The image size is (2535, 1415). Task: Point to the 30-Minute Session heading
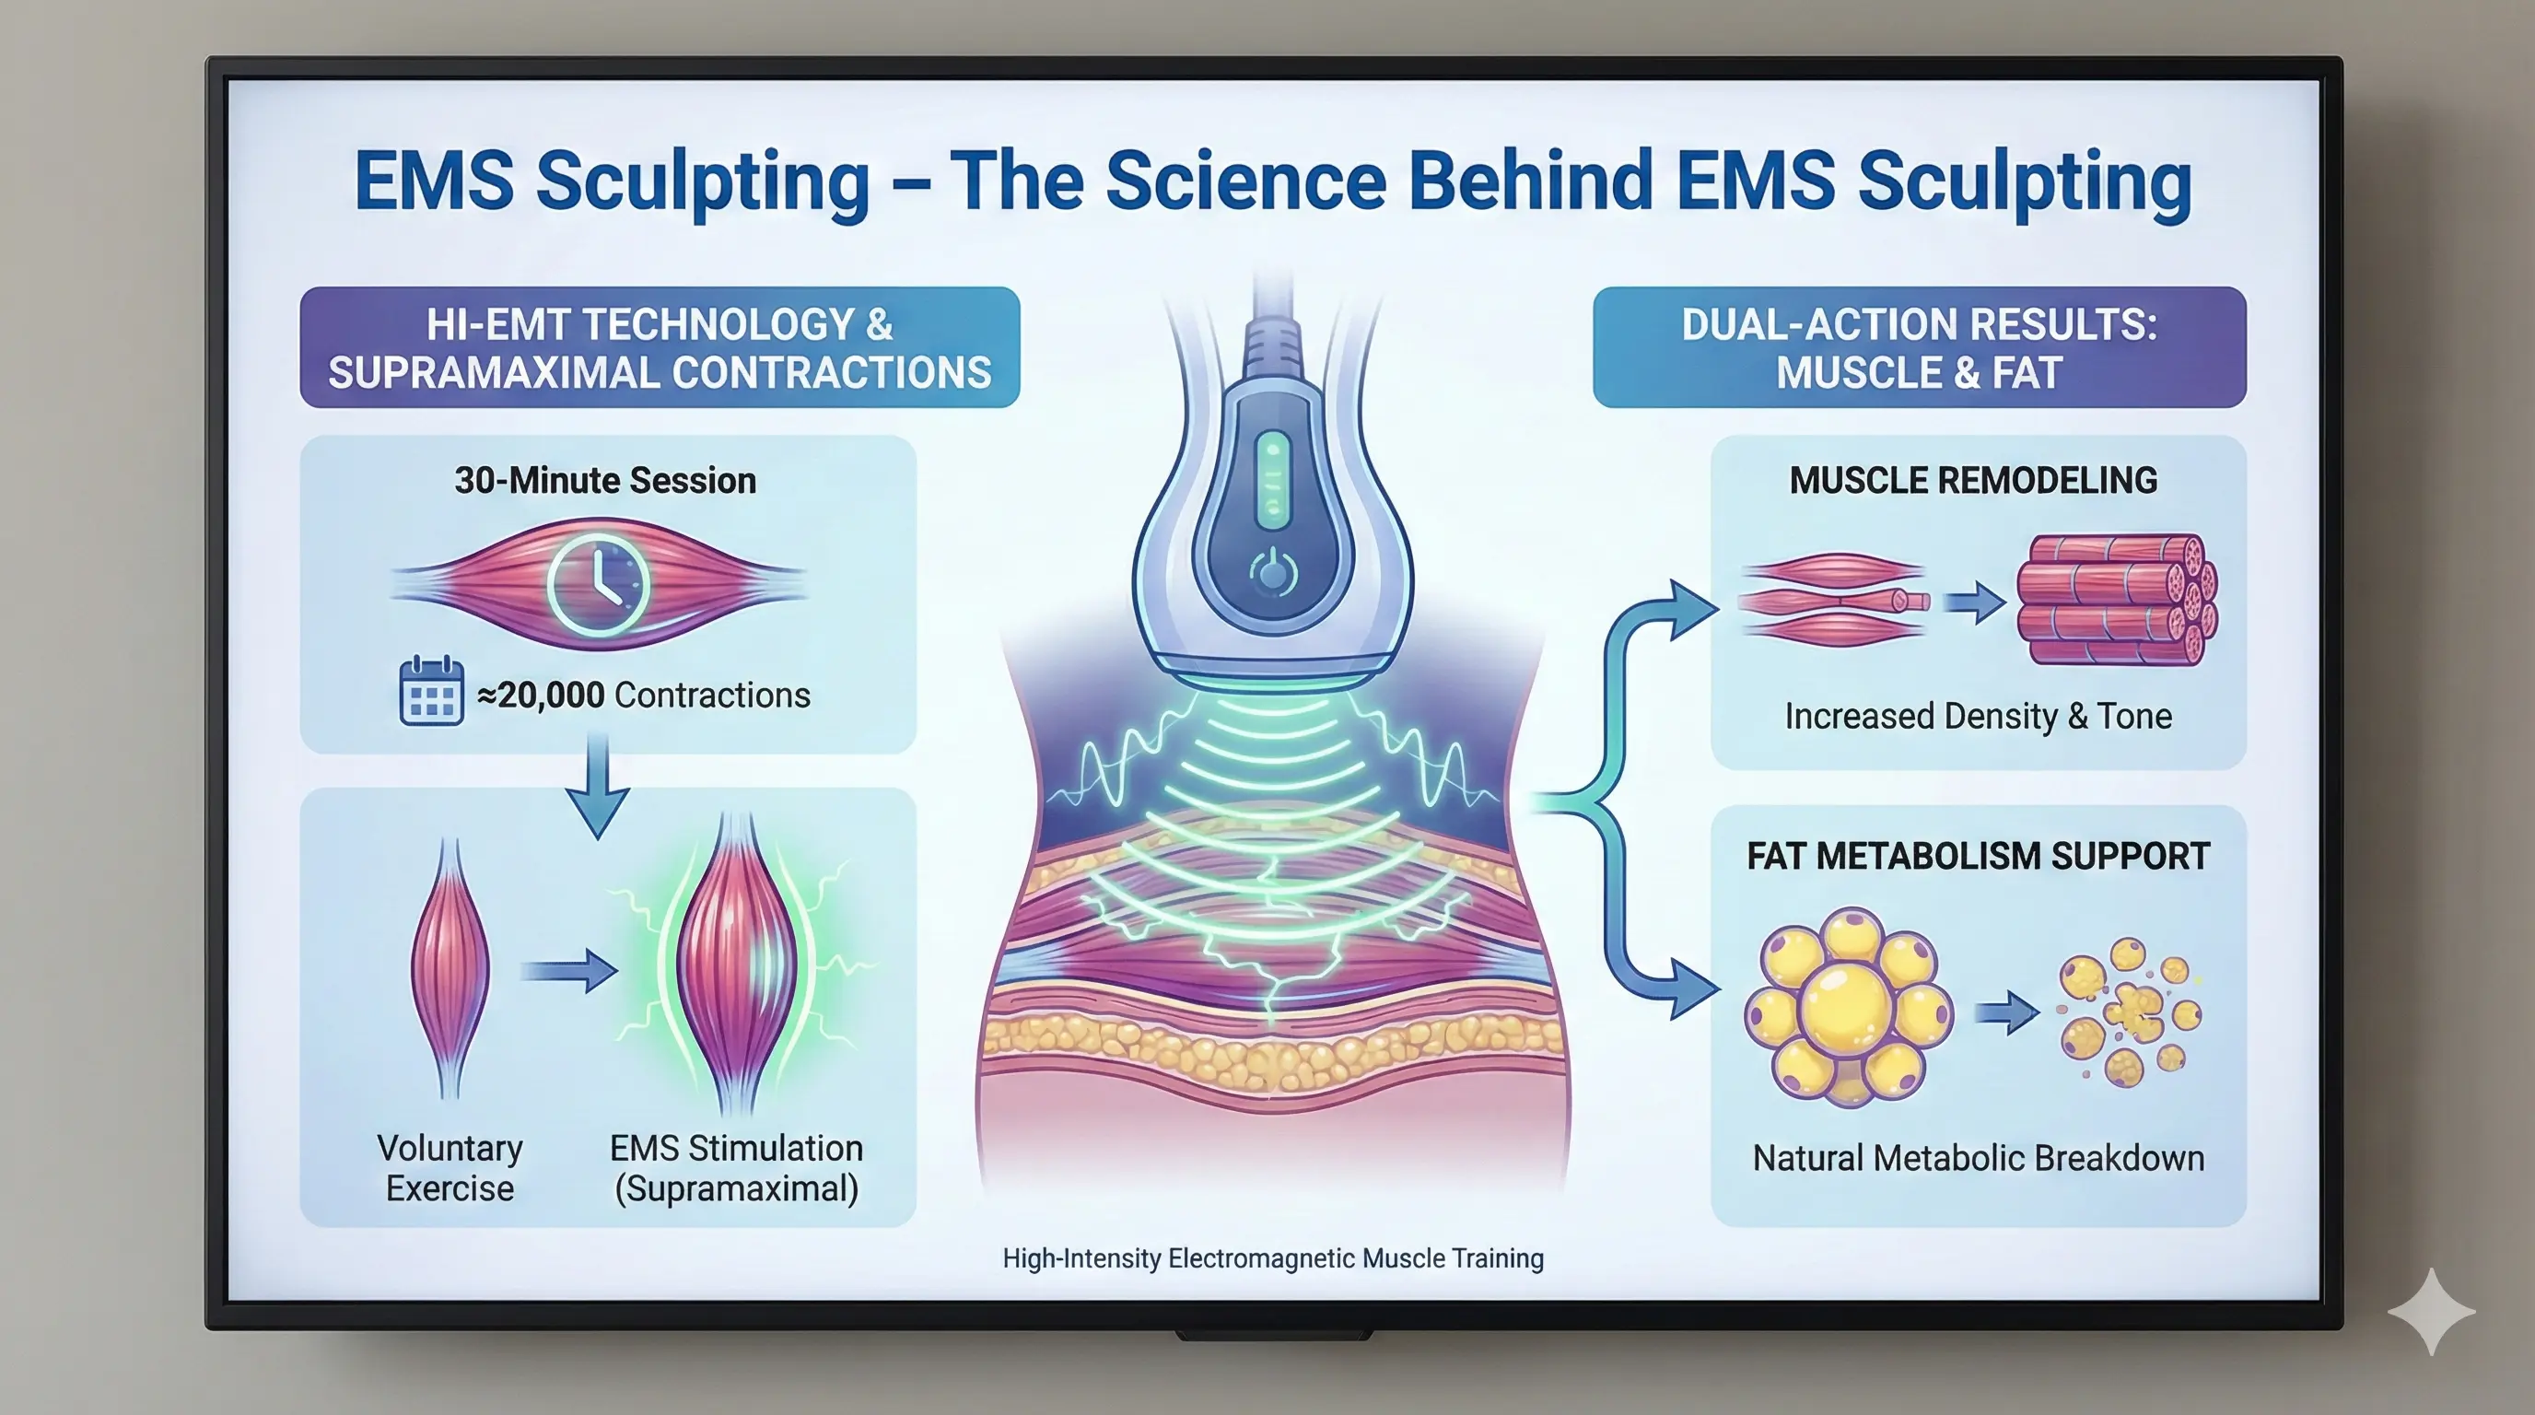605,480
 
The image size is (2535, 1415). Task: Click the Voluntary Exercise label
450,1168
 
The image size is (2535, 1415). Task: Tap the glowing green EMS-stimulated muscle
736,965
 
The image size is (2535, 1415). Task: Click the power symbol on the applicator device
1273,572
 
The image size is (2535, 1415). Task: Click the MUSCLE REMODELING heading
1973,480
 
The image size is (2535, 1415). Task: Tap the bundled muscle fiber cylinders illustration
2116,600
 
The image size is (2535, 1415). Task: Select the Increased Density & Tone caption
1978,717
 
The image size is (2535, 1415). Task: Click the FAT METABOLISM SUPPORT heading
1978,856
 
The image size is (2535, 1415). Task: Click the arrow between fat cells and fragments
2007,1012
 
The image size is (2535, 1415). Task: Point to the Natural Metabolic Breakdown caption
1978,1158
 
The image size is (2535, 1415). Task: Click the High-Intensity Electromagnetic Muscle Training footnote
1272,1258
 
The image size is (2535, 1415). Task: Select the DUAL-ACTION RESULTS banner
1919,347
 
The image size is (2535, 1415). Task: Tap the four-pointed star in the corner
2431,1312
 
